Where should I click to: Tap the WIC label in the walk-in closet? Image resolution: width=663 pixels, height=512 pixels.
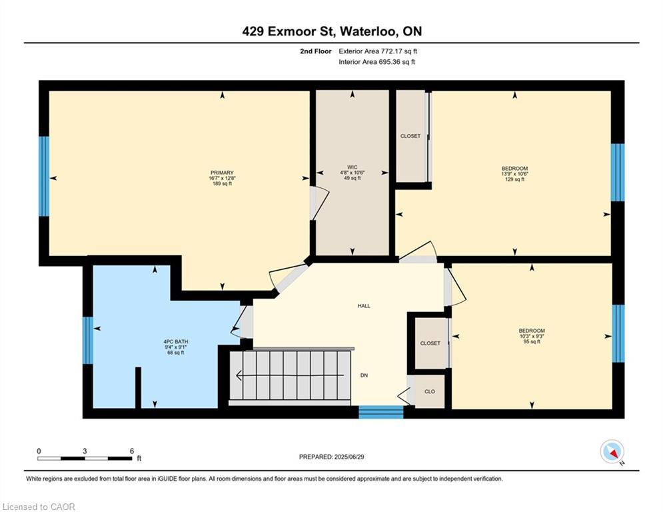coord(352,166)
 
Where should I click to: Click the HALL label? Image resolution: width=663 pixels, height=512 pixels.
coord(364,306)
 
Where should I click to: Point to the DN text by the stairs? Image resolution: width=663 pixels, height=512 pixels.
coord(364,376)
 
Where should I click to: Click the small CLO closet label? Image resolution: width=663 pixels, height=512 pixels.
coord(430,391)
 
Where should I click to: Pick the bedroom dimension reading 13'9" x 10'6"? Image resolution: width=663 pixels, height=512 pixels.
coord(514,173)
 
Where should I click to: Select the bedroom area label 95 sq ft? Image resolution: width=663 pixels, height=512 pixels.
coord(532,342)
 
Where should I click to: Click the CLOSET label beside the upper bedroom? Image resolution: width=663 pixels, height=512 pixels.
coord(410,136)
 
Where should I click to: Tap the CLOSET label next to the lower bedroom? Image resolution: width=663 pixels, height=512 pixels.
coord(430,343)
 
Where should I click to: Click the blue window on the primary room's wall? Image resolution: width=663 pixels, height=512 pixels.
coord(44,177)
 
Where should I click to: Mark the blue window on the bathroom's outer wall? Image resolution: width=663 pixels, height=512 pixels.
coord(87,340)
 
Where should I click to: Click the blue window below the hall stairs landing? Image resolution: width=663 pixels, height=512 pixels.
coord(381,412)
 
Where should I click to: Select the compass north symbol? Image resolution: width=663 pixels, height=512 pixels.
coord(610,452)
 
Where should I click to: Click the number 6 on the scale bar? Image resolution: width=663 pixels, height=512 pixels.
coord(132,451)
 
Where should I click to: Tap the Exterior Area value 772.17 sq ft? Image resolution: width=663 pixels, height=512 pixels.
coord(398,51)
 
